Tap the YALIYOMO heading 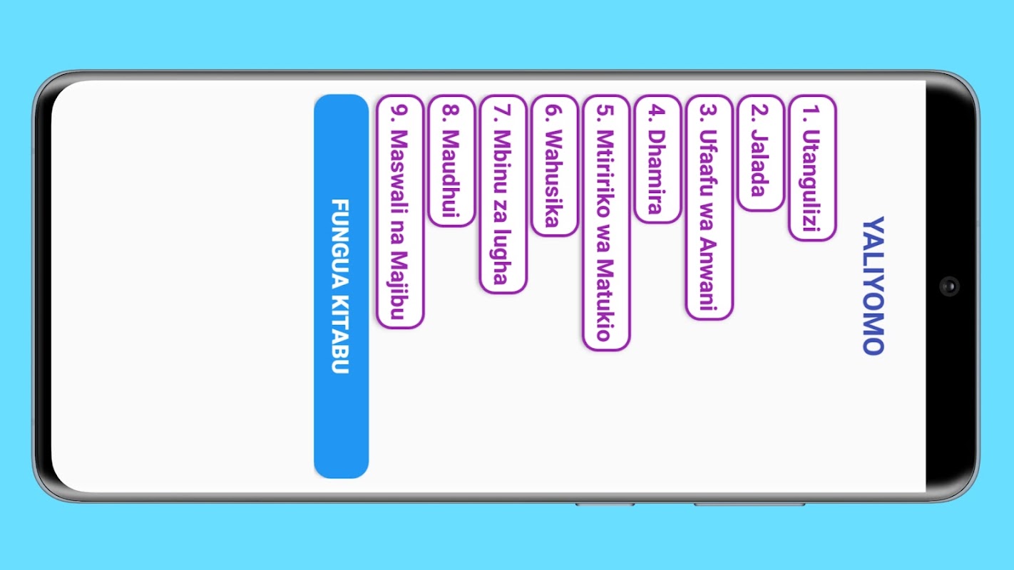pos(874,286)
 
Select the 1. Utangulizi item pos(812,168)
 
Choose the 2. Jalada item pos(760,153)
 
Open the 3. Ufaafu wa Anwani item pos(709,207)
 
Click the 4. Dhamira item pos(657,159)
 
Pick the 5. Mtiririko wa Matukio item pos(606,222)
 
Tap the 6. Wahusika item pos(554,165)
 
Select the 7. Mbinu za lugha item pos(503,194)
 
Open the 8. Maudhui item pos(451,160)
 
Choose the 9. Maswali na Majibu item pos(400,212)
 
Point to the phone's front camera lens pos(949,286)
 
